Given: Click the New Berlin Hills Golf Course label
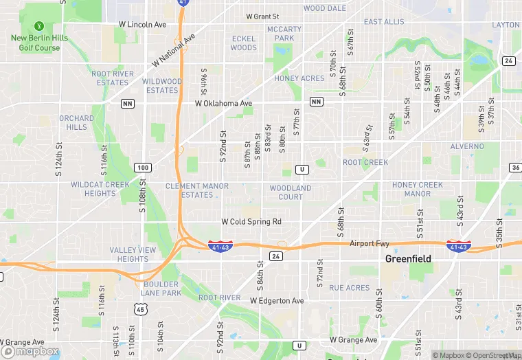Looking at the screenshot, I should pyautogui.click(x=39, y=43).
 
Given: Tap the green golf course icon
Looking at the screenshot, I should pyautogui.click(x=39, y=23).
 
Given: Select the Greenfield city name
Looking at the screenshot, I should pyautogui.click(x=407, y=259).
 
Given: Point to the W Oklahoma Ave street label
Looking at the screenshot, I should pyautogui.click(x=223, y=104).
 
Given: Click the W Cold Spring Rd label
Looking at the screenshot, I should pyautogui.click(x=251, y=222).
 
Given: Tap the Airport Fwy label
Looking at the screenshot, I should pyautogui.click(x=370, y=244).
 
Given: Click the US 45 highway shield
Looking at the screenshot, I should pyautogui.click(x=140, y=309).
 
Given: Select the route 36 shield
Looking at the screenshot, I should pyautogui.click(x=516, y=168).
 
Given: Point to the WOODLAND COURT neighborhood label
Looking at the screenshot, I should pyautogui.click(x=291, y=192).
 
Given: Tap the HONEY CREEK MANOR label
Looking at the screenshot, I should pyautogui.click(x=417, y=189).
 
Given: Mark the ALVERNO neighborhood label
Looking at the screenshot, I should pyautogui.click(x=467, y=146).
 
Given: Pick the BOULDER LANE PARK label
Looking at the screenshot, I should pyautogui.click(x=161, y=289).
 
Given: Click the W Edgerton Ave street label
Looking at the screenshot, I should pyautogui.click(x=276, y=301).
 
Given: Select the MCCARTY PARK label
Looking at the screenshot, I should pyautogui.click(x=284, y=34).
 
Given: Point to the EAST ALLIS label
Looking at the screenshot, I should pyautogui.click(x=384, y=22).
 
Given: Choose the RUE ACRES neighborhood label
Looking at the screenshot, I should pyautogui.click(x=349, y=288).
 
